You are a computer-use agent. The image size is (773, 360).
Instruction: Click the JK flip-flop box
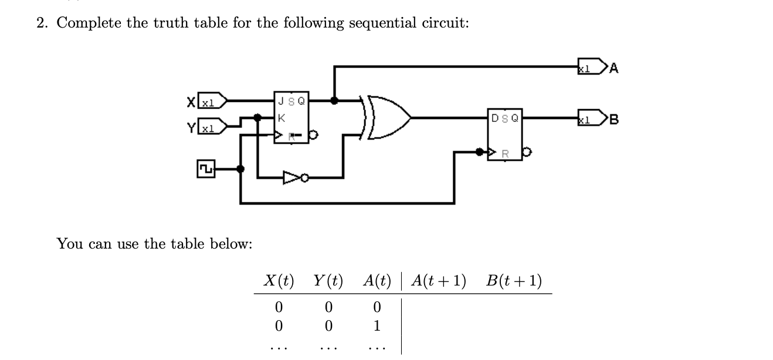coord(291,117)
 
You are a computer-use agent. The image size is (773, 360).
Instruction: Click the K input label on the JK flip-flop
coord(282,118)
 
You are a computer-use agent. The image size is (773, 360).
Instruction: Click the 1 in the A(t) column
coord(377,325)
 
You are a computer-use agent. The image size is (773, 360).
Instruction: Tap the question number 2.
coord(41,23)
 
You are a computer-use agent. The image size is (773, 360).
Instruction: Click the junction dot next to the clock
coord(240,168)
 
